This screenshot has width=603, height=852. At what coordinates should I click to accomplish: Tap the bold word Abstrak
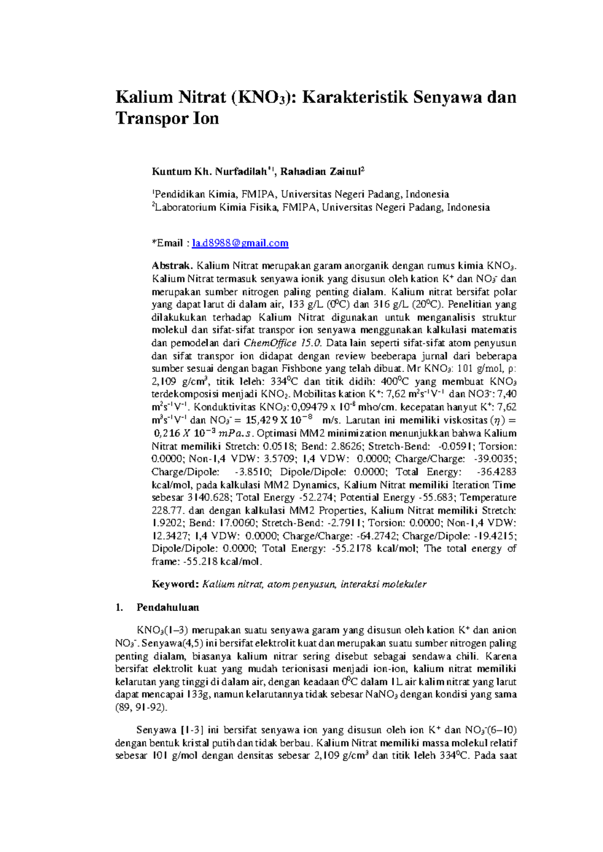click(172, 266)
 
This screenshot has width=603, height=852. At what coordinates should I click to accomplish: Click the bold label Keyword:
click(175, 584)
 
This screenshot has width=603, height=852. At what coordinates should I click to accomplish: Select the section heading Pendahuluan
click(168, 607)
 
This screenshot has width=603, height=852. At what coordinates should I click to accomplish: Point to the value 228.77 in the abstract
click(167, 510)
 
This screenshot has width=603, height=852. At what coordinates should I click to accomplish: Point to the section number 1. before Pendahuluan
click(119, 607)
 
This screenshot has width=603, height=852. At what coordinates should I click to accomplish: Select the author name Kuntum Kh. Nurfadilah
click(209, 172)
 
